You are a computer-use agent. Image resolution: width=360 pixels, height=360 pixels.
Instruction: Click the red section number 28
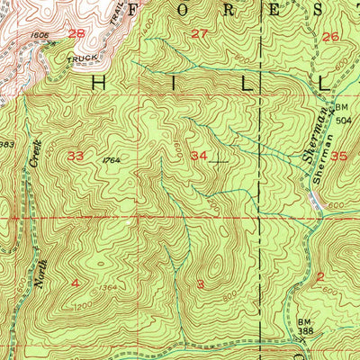(76, 34)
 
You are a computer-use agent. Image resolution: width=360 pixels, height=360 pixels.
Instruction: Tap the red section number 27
(200, 34)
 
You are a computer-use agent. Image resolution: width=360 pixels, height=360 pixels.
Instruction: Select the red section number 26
(330, 37)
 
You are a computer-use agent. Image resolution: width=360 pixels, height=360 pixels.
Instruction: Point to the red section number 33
(76, 156)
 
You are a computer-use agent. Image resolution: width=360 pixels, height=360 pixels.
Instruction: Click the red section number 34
(199, 156)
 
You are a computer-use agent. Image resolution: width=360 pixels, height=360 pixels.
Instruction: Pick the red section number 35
(338, 156)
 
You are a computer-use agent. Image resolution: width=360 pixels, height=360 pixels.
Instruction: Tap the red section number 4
(76, 283)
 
